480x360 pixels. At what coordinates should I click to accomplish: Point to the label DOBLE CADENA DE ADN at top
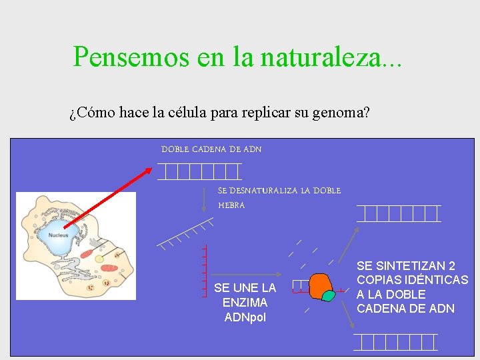coord(211,149)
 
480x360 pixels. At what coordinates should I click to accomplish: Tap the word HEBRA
coord(231,205)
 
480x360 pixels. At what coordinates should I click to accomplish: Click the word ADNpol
coord(245,317)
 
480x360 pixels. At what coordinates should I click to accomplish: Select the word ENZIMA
coord(245,303)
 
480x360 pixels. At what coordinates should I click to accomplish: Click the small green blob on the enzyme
coord(328,295)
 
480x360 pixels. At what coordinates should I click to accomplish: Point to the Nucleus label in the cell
coord(57,235)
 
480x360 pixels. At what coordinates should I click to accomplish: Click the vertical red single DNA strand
coord(204,271)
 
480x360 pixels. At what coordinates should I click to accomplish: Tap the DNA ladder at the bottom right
coord(395,341)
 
